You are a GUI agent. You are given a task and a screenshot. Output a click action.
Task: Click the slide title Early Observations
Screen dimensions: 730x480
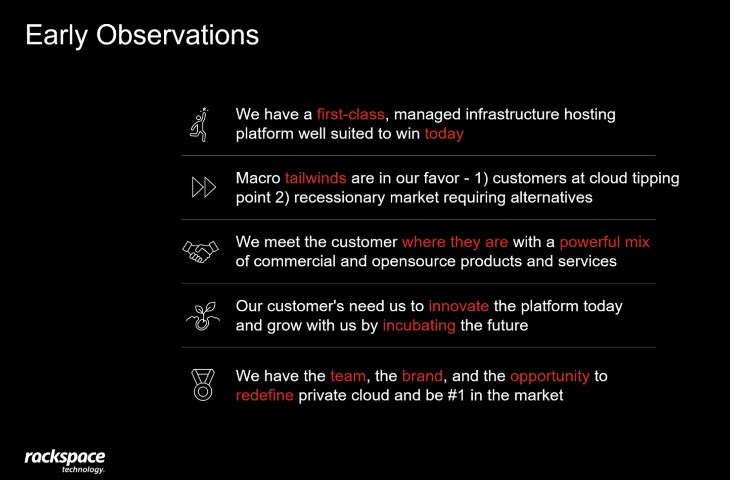point(142,36)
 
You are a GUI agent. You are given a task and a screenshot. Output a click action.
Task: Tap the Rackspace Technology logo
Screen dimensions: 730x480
point(65,461)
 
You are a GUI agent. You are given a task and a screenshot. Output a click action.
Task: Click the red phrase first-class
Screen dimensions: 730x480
point(351,114)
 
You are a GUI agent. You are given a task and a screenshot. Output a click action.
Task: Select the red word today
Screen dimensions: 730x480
point(444,134)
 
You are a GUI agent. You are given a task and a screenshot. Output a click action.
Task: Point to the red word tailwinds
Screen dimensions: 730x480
point(315,178)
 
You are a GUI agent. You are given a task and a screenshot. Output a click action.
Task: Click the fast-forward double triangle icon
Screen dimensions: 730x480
point(204,187)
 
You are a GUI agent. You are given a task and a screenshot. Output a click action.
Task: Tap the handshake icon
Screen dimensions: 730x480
point(200,252)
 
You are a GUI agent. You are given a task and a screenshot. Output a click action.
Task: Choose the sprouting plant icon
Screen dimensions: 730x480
point(203,316)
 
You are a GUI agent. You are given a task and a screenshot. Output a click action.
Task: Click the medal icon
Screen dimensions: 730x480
point(203,385)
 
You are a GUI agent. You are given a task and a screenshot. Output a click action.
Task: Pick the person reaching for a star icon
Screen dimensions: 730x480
point(200,125)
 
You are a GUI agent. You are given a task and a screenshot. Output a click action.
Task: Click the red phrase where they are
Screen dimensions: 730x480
point(455,243)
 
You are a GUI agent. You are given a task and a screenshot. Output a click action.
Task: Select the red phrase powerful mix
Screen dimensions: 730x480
point(605,243)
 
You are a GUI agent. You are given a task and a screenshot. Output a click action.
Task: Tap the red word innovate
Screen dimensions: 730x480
point(459,306)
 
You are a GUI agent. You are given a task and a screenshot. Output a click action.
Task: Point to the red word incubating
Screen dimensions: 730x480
point(419,326)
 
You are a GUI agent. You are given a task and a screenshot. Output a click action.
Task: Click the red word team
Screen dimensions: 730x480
point(348,376)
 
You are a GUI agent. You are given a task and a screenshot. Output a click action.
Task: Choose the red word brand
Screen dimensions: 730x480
point(422,376)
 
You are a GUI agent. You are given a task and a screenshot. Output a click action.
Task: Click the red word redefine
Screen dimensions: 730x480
point(264,395)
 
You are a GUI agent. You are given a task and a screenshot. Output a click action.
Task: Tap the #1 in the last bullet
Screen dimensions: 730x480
point(456,395)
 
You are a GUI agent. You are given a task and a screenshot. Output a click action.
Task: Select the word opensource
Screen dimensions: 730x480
point(414,262)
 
